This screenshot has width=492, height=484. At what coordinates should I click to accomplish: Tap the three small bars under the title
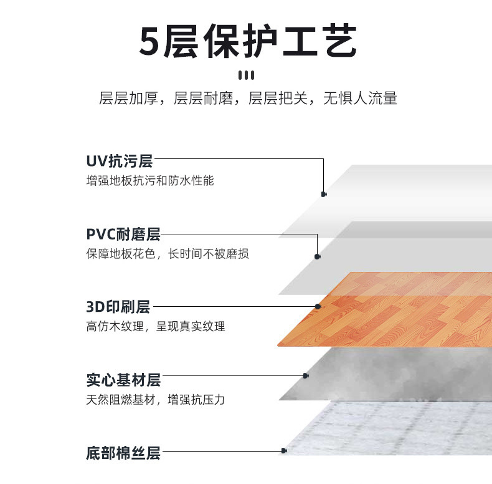point(247,75)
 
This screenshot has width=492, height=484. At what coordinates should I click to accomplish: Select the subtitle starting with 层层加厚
point(247,99)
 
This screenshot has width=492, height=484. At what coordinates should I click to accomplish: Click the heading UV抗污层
point(119,161)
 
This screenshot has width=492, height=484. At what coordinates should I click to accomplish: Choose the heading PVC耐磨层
point(123,235)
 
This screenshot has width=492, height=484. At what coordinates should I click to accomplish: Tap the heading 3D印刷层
point(118,307)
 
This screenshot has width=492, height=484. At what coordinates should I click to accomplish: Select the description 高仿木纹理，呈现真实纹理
point(155,327)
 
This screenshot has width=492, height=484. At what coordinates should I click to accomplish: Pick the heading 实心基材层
point(123,379)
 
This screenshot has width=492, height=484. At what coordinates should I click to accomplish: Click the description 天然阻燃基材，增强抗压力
point(155,399)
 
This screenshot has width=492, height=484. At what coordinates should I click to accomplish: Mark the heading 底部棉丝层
point(123,453)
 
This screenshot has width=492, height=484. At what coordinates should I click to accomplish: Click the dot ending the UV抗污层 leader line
point(324,194)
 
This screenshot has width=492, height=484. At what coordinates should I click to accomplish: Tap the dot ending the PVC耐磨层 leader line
point(318,256)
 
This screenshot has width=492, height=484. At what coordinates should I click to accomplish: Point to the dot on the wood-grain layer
point(318,307)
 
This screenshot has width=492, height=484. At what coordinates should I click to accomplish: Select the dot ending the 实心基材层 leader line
point(306,375)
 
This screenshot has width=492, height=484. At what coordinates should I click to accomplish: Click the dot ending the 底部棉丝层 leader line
point(284,450)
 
